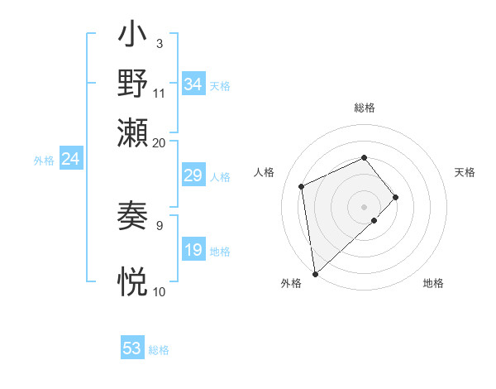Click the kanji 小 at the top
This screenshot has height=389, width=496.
point(133,38)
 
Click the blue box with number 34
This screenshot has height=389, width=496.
point(193,84)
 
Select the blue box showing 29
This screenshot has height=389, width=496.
point(193,175)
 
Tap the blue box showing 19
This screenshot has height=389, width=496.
point(193,250)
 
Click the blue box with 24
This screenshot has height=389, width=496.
point(70,159)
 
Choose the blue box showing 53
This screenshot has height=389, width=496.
point(132,348)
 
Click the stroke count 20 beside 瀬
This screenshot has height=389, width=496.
point(159,142)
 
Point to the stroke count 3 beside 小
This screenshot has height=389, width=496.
point(159,43)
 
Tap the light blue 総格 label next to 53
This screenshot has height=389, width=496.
point(159,350)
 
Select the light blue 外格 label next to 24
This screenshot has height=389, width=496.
point(44,161)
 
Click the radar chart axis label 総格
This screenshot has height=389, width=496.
point(365,108)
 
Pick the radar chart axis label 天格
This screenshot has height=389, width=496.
point(465,172)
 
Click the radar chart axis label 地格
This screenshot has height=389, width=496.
point(433,284)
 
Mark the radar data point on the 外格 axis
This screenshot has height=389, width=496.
point(315,273)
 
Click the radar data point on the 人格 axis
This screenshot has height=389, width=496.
point(303,185)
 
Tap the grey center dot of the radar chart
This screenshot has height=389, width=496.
point(365,205)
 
